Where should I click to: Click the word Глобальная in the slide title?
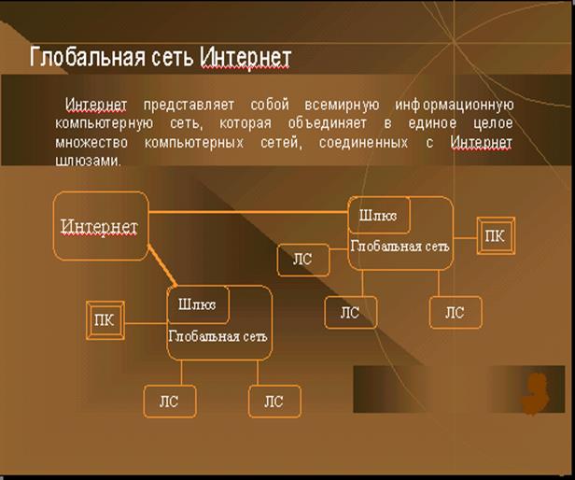coord(88,57)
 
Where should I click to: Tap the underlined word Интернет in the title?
coord(245,57)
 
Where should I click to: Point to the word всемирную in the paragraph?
coord(342,105)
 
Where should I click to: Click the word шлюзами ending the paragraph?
coord(88,161)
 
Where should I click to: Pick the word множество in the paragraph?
coord(91,142)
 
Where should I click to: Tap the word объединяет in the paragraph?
coord(327,123)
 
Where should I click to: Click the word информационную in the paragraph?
coord(454,105)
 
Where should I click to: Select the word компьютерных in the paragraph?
coord(193,142)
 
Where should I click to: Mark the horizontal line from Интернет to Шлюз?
coord(248,212)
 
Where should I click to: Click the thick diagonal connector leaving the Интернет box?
coord(162,265)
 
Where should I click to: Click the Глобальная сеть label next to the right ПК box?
coord(400,247)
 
